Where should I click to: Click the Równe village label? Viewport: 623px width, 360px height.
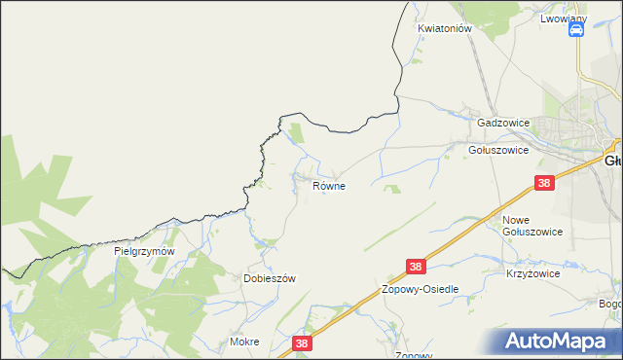(329, 185)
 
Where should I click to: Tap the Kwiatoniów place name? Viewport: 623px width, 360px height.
(445, 29)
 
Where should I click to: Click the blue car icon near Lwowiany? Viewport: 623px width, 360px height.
(575, 31)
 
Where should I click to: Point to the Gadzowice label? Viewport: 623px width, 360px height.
(503, 124)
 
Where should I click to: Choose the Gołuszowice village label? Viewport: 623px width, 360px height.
(497, 151)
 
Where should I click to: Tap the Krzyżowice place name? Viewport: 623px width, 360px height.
(532, 274)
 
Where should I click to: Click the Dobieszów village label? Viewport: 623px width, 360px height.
(269, 278)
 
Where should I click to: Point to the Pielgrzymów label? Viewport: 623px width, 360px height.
(144, 251)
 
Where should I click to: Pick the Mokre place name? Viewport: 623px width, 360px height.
(244, 342)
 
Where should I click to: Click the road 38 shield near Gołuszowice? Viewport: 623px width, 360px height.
(545, 183)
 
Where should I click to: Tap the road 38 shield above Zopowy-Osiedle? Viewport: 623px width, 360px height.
(417, 267)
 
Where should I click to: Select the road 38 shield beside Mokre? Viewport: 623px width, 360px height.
(302, 342)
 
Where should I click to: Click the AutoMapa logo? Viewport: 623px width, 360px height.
(559, 342)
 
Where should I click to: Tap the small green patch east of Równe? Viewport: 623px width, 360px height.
(393, 189)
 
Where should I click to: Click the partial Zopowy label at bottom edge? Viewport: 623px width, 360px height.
(414, 355)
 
